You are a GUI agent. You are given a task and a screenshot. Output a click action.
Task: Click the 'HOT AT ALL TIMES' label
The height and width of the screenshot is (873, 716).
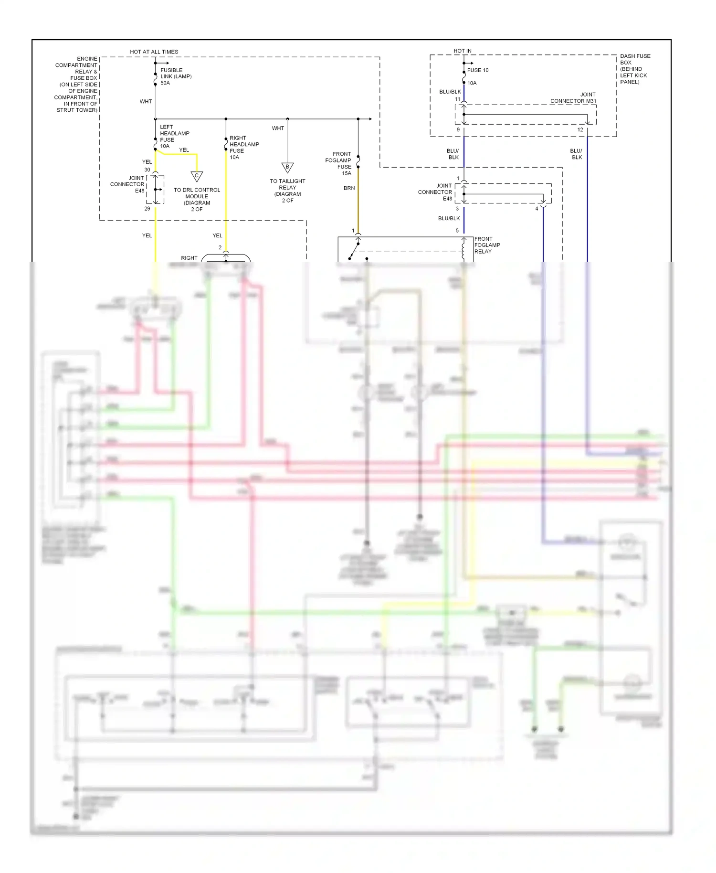click(154, 52)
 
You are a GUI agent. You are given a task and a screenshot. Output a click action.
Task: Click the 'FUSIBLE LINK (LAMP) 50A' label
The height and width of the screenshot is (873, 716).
click(175, 76)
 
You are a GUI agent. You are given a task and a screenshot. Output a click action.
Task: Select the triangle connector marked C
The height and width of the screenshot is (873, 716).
click(197, 176)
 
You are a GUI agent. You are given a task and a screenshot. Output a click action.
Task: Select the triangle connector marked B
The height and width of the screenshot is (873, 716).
click(287, 167)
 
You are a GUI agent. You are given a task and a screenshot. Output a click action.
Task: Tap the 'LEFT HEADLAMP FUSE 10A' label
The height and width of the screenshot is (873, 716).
click(174, 137)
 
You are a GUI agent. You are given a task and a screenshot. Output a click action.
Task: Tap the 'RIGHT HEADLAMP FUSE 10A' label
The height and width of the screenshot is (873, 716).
click(244, 147)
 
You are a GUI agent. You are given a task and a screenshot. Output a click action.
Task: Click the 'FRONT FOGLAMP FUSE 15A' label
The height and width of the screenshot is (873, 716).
click(338, 163)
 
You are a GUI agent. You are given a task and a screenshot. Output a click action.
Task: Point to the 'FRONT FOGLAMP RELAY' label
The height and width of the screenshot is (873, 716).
click(487, 245)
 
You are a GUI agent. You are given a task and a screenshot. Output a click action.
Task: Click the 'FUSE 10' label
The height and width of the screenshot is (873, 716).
click(477, 70)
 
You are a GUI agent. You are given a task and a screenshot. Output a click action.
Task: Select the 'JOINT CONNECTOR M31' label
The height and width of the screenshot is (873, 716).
click(573, 98)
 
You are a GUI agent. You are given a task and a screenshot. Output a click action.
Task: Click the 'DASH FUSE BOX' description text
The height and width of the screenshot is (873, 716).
click(635, 69)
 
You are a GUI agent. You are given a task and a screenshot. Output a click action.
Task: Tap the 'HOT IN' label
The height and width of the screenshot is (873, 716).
click(462, 51)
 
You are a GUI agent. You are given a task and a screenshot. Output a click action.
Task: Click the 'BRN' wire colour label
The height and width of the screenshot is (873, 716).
click(349, 188)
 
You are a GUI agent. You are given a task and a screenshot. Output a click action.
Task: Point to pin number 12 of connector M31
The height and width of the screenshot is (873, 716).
click(580, 130)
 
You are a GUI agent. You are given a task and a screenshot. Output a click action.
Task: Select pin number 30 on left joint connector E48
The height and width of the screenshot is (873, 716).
click(147, 170)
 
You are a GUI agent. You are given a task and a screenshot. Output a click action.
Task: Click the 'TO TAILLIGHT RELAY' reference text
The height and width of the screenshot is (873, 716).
click(287, 191)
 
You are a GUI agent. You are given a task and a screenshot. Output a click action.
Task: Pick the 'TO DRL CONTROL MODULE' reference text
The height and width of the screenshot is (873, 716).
click(197, 199)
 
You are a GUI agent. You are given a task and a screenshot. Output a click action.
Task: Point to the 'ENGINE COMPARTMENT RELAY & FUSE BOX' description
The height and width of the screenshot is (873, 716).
click(76, 84)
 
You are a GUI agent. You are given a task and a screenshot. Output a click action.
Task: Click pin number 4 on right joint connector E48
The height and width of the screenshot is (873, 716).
click(537, 209)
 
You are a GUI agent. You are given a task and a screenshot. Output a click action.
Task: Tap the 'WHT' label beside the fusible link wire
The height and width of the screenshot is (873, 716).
click(146, 102)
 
